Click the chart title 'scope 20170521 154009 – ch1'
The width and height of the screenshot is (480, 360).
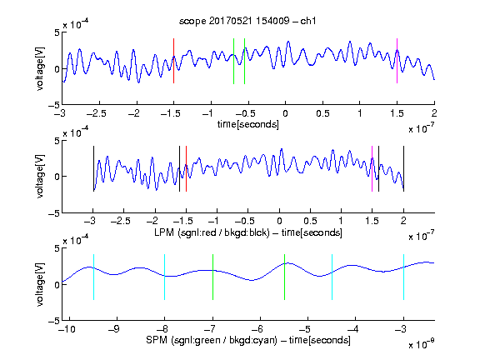[x=247, y=21]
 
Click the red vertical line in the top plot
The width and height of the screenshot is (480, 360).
[x=174, y=61]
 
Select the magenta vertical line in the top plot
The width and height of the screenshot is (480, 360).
[x=397, y=61]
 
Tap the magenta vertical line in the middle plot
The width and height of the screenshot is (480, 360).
[x=372, y=168]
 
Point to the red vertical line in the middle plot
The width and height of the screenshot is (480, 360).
[x=186, y=168]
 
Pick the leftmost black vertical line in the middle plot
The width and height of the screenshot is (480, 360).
[x=93, y=168]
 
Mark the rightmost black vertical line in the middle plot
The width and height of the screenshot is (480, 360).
[x=403, y=168]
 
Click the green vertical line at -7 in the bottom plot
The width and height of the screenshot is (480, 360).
[x=212, y=277]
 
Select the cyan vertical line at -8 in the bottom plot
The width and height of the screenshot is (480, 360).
[x=165, y=277]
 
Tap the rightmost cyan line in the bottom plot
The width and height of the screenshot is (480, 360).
[x=403, y=277]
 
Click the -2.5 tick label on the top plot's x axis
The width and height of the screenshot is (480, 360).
[x=96, y=113]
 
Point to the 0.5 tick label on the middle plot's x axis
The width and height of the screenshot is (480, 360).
[x=310, y=221]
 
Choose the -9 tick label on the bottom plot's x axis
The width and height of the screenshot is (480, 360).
[x=114, y=329]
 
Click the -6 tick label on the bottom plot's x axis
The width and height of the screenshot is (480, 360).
[x=257, y=329]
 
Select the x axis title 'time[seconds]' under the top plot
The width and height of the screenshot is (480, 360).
[x=248, y=124]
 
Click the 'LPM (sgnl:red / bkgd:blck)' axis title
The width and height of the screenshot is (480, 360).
[x=212, y=232]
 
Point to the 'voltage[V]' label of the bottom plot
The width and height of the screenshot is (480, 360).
[x=40, y=284]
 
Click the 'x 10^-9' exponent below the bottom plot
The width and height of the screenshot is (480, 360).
[x=421, y=344]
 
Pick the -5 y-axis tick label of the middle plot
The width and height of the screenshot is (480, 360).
[x=54, y=213]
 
